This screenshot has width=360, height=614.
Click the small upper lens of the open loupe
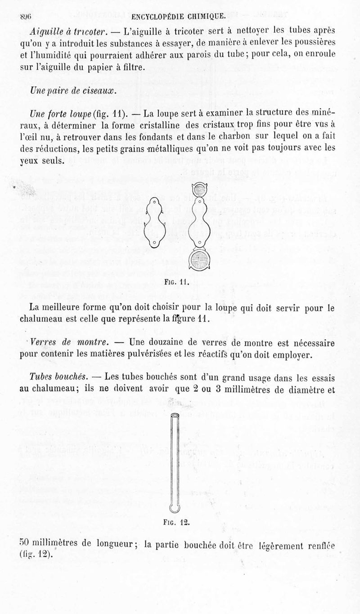[x=198, y=190]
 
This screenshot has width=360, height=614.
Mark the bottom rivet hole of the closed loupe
[x=154, y=243]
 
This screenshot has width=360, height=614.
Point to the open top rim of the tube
[x=175, y=415]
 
